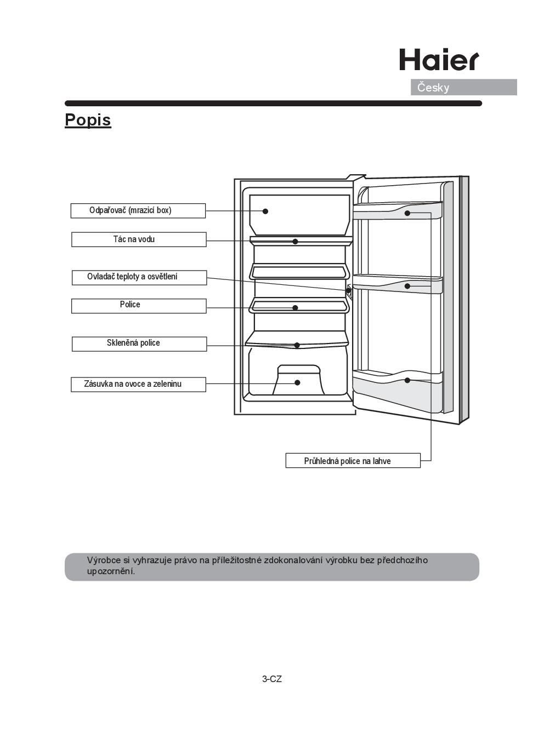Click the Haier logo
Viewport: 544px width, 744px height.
pos(439,60)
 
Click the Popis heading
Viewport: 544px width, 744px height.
pos(88,120)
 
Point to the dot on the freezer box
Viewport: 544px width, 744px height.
pos(265,211)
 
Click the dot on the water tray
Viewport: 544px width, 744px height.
pos(295,241)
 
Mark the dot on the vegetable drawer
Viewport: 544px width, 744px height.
pos(297,382)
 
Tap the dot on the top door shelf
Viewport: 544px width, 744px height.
pos(407,213)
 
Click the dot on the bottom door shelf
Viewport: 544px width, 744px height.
pos(407,380)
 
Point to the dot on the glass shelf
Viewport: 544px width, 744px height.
pos(297,345)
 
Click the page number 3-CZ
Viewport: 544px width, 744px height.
pos(272,679)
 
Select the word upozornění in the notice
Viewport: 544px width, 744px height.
pos(111,571)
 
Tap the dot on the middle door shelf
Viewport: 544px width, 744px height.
pos(407,286)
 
